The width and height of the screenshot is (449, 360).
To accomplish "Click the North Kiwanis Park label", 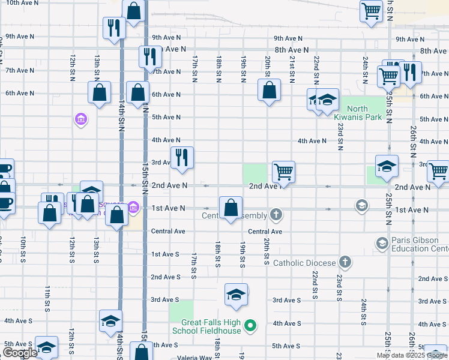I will [357, 113].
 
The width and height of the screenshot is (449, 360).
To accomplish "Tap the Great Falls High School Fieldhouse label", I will [206, 326].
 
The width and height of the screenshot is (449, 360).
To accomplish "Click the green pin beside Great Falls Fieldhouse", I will [252, 326].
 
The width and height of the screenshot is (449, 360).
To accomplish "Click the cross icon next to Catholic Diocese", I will [345, 262].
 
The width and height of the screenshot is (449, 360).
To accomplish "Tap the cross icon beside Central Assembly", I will [276, 214].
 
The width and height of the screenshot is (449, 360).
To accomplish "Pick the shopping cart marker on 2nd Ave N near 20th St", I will [283, 172].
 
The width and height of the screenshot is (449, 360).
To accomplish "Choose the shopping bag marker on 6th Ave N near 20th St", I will [270, 91].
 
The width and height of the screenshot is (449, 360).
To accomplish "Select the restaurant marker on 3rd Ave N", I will [182, 158].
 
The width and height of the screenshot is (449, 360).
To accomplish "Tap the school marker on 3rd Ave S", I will [236, 294].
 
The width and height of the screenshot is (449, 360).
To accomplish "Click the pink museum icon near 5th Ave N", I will [80, 120].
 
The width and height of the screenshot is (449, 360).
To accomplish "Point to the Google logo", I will [19, 353].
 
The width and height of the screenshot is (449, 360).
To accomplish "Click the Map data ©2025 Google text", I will [412, 355].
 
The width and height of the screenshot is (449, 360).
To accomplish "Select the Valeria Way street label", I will [195, 358].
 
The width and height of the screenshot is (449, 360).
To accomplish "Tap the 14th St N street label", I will [121, 120].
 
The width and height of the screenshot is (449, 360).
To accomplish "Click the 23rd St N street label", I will [340, 136].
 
